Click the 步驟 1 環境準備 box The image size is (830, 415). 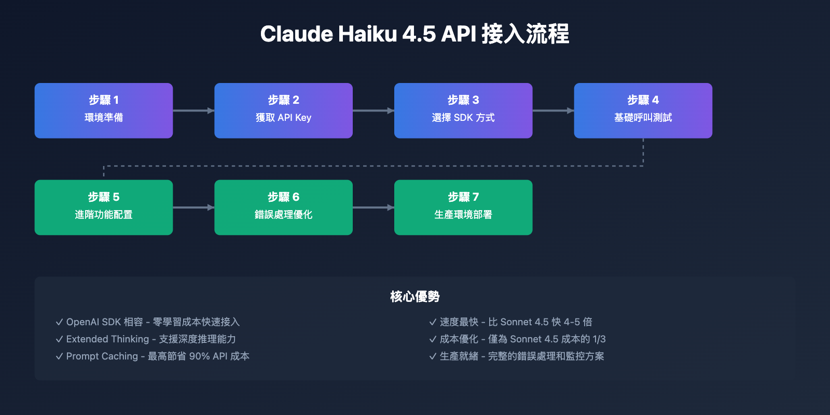(x=104, y=110)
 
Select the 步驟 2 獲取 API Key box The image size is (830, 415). (x=283, y=110)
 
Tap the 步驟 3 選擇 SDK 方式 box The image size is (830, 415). (x=463, y=110)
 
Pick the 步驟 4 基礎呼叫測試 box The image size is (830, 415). (x=643, y=110)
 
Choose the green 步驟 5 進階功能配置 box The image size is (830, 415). (x=104, y=208)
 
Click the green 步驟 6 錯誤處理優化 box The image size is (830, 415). (x=283, y=208)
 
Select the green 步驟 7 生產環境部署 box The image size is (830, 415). (x=463, y=208)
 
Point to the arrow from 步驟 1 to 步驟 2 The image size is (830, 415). (x=193, y=110)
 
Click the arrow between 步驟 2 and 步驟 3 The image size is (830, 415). (x=374, y=110)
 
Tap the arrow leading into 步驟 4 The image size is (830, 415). (x=553, y=110)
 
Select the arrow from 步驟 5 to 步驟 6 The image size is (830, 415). (x=193, y=208)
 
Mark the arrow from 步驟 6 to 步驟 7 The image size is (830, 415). (x=374, y=208)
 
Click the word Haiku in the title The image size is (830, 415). (x=368, y=34)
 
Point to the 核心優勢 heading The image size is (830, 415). (x=415, y=296)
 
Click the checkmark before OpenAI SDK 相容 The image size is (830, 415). (x=59, y=322)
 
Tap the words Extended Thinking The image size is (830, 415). (x=107, y=339)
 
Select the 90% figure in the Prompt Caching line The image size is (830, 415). (x=199, y=356)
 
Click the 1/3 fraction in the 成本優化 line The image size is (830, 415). (x=599, y=339)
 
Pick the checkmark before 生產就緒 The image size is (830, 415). (x=433, y=356)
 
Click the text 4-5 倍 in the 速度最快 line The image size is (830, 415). (x=578, y=322)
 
